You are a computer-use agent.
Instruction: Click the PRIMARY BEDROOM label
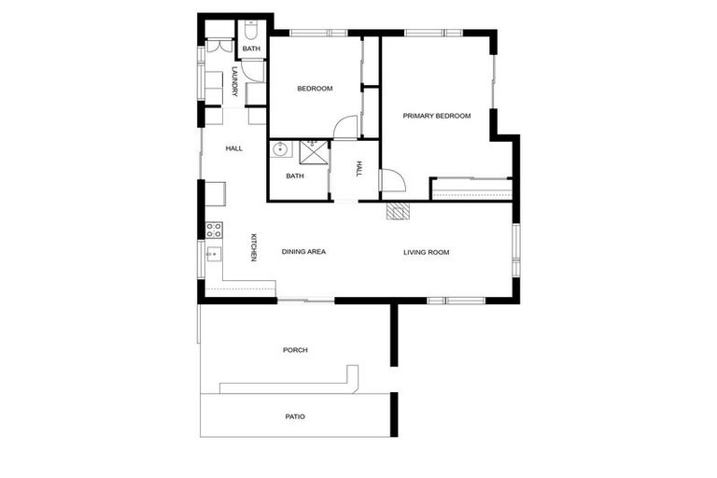click(x=436, y=116)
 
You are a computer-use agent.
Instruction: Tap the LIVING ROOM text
click(x=427, y=252)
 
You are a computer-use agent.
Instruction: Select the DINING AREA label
click(x=303, y=252)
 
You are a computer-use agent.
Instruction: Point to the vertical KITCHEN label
click(x=252, y=247)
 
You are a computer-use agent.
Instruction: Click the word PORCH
click(x=295, y=350)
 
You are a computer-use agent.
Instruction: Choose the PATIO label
click(x=295, y=416)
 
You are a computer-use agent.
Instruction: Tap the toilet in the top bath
click(x=251, y=28)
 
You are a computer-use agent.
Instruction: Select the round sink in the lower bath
click(x=279, y=148)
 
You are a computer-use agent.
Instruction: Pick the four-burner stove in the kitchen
click(x=214, y=230)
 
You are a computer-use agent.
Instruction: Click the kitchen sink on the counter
click(x=213, y=254)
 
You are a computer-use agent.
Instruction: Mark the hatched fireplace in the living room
click(x=398, y=211)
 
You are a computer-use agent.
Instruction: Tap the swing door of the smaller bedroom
click(x=345, y=127)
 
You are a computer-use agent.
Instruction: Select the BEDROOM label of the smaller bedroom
click(x=315, y=89)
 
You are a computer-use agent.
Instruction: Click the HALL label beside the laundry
click(x=234, y=148)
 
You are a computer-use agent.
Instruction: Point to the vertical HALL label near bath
click(x=358, y=169)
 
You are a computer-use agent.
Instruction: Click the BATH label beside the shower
click(x=295, y=176)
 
